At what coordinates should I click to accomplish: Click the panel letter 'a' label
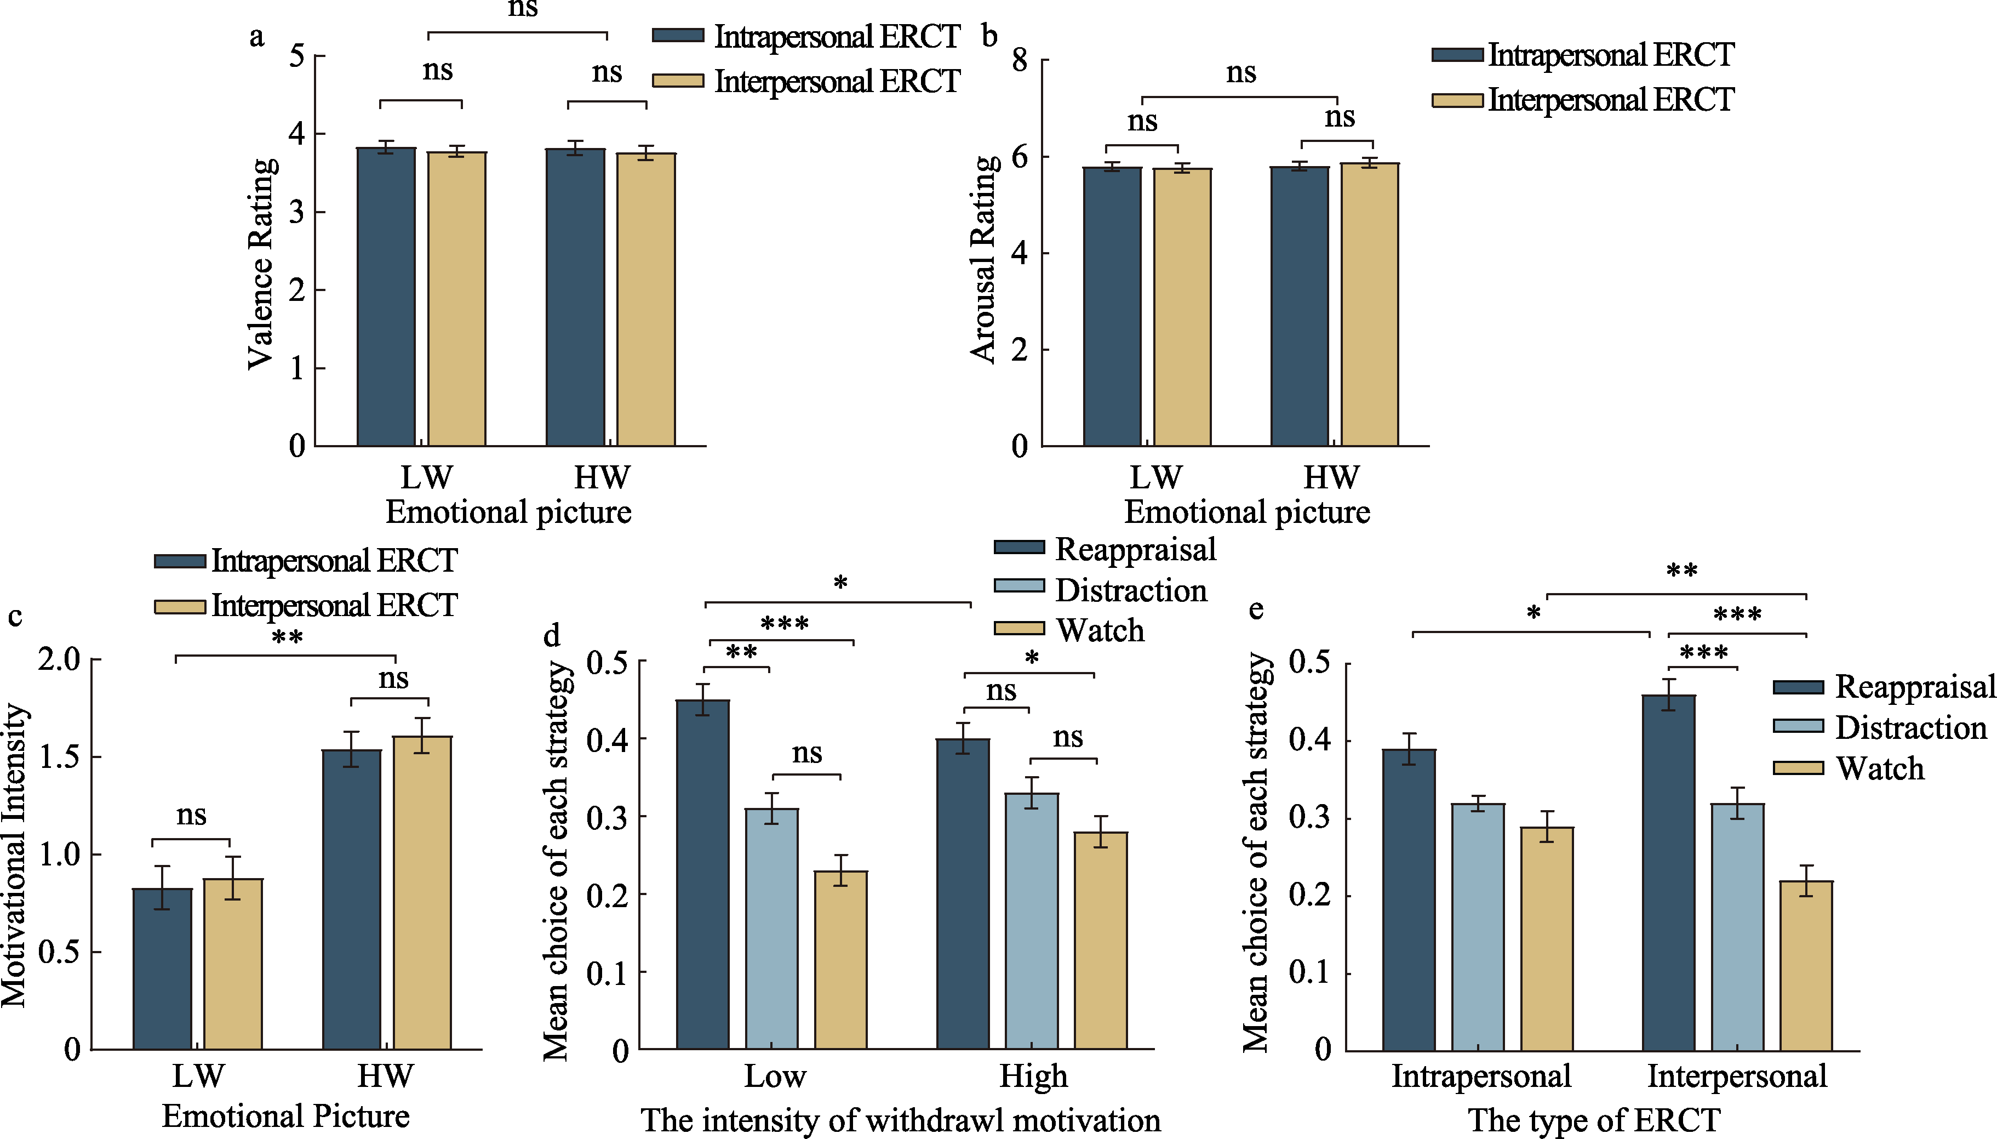(x=256, y=37)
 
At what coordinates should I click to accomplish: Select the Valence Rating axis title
(x=261, y=264)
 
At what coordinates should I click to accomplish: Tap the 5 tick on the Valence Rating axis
(x=297, y=56)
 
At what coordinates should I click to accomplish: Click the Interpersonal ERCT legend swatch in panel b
(x=1457, y=100)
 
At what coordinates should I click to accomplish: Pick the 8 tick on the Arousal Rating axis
(x=1020, y=60)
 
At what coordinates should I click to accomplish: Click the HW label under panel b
(x=1331, y=477)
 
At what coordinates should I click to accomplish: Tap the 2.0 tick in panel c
(x=59, y=659)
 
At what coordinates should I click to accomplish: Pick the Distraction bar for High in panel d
(x=1031, y=921)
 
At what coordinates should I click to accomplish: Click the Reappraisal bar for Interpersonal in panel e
(x=1669, y=872)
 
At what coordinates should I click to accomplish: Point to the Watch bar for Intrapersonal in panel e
(x=1547, y=939)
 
